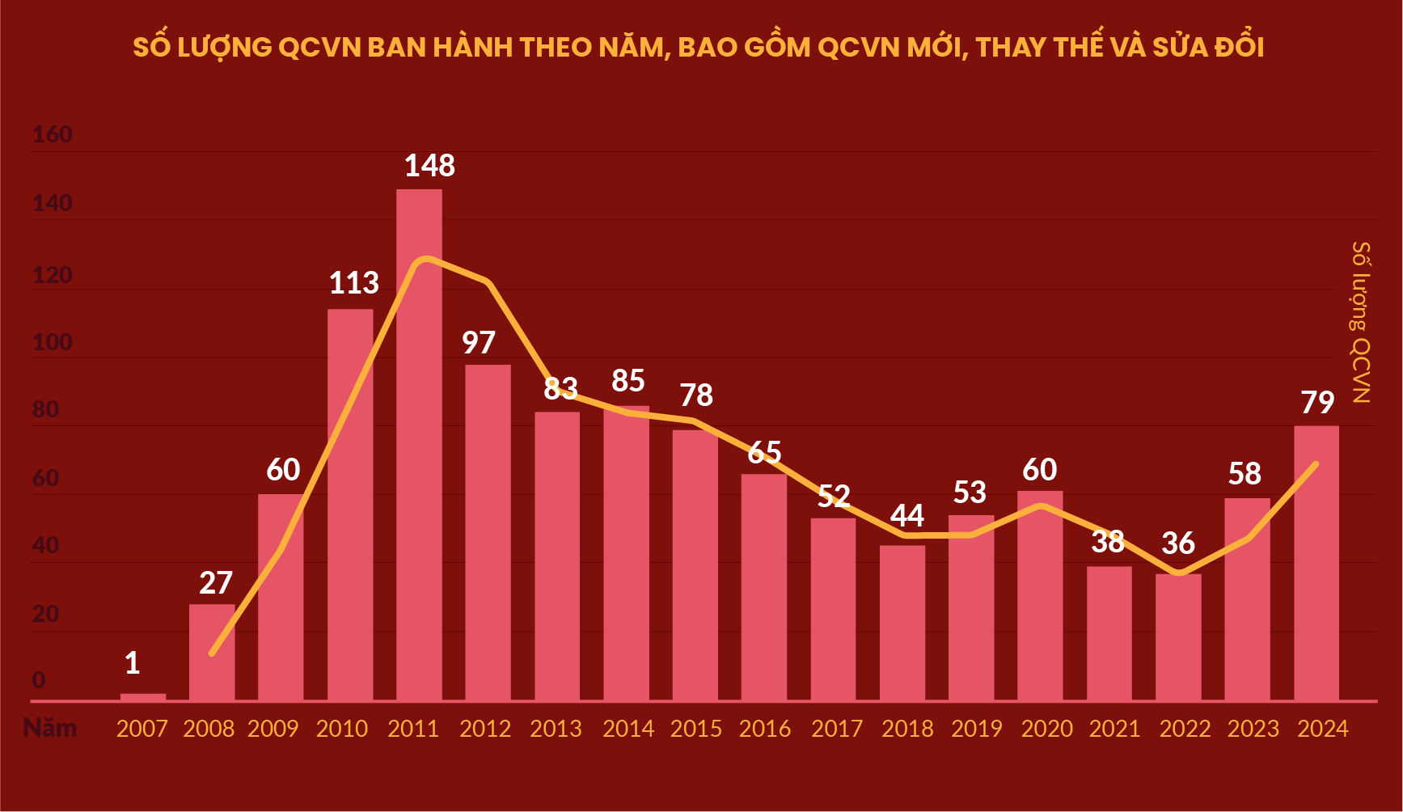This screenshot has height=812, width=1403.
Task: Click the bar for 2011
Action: [x=419, y=445]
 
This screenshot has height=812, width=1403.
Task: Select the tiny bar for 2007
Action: [x=143, y=696]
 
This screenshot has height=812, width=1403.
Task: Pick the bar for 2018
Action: [x=902, y=623]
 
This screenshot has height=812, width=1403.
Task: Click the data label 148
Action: [x=429, y=166]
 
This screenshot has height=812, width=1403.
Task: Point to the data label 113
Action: [x=353, y=283]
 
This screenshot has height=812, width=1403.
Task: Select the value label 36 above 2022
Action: [x=1178, y=543]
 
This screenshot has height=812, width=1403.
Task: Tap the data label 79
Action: [x=1317, y=403]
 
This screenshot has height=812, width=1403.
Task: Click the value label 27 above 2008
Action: [x=216, y=583]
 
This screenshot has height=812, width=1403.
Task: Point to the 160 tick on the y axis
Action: [x=53, y=134]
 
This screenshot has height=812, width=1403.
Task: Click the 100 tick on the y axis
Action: [x=53, y=343]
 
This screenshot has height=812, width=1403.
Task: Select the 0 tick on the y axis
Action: [x=39, y=680]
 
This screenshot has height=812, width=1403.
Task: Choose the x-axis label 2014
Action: [x=628, y=729]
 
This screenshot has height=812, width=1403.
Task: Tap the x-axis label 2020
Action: [x=1046, y=729]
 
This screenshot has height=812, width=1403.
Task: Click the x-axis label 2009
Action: [x=273, y=729]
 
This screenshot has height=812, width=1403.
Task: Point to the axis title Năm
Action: [x=50, y=728]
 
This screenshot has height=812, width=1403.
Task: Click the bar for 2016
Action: [x=764, y=587]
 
